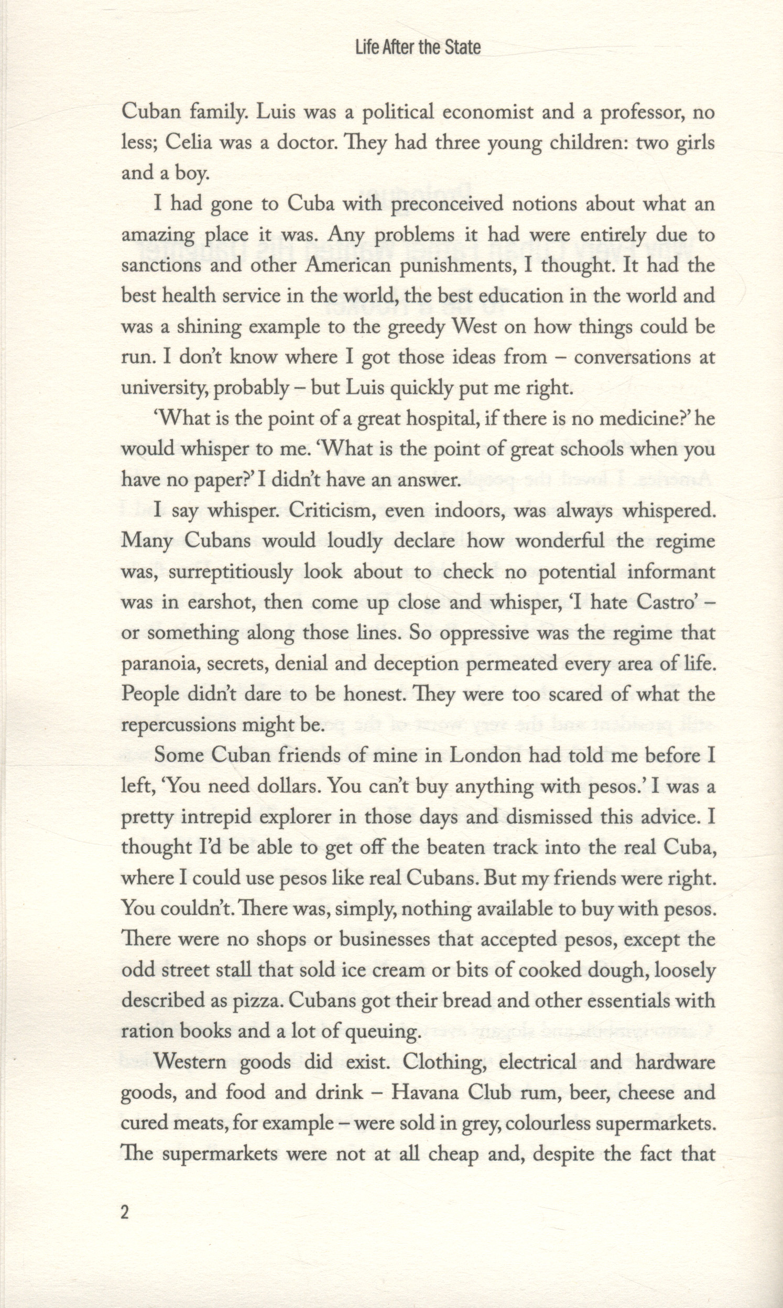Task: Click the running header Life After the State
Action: point(418,48)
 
